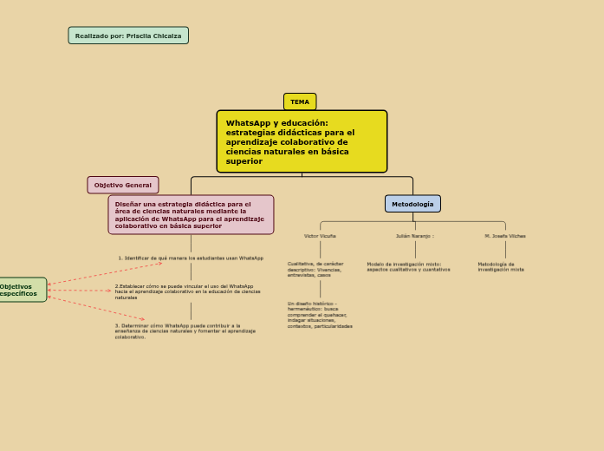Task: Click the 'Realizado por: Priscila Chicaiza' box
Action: click(x=128, y=36)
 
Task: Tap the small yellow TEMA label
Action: click(x=300, y=101)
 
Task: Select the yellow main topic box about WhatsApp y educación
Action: click(x=302, y=141)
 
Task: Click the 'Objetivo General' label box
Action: click(x=123, y=185)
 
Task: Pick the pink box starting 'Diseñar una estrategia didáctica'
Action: click(x=191, y=214)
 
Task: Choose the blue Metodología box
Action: click(x=412, y=204)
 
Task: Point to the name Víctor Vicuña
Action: click(x=320, y=236)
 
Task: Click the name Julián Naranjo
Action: click(x=414, y=236)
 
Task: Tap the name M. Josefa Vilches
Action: click(x=505, y=236)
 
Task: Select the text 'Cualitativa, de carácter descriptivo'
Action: click(x=315, y=269)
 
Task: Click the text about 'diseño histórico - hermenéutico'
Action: click(x=320, y=315)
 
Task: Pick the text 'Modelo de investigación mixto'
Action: click(x=408, y=266)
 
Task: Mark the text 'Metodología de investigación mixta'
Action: click(x=501, y=266)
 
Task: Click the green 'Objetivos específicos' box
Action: click(x=19, y=291)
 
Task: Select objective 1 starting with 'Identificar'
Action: click(x=191, y=258)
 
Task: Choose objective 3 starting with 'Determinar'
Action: click(x=185, y=330)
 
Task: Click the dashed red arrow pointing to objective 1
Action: click(x=104, y=272)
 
